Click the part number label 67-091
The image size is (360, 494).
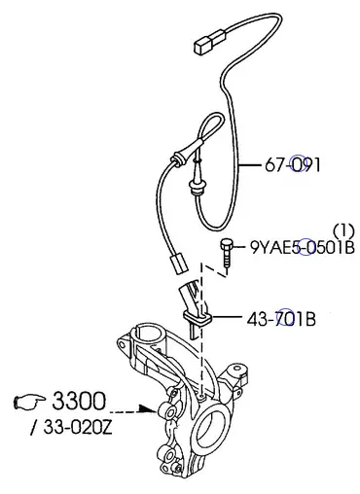[x=293, y=165]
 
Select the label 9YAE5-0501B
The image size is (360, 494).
[x=303, y=248]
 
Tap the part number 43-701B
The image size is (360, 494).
[x=281, y=319]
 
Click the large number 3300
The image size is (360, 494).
[x=79, y=401]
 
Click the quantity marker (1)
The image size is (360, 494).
[x=344, y=230]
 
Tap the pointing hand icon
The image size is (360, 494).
[x=29, y=402]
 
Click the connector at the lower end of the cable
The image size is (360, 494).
[x=178, y=264]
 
